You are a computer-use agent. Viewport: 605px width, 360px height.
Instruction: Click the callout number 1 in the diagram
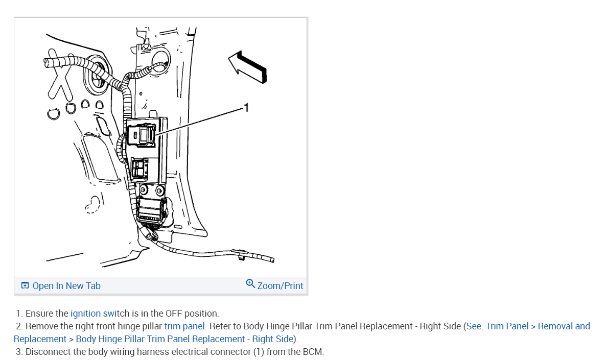[x=246, y=107]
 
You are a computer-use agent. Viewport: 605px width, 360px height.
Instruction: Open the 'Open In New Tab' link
[x=66, y=286]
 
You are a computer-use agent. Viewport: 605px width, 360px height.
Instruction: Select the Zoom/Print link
[x=280, y=286]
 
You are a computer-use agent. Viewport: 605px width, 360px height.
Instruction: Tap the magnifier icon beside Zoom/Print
[x=250, y=283]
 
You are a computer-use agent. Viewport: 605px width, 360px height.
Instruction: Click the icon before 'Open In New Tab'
[x=25, y=286]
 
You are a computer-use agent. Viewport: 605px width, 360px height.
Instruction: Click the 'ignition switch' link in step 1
[x=94, y=314]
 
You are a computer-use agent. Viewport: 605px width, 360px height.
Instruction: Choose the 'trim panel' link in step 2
[x=184, y=326]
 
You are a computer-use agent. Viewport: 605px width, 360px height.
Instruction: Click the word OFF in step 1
[x=174, y=314]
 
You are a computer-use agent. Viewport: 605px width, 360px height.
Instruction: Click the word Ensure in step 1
[x=39, y=314]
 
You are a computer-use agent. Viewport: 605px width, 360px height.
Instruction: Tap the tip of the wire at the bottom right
[x=272, y=260]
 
